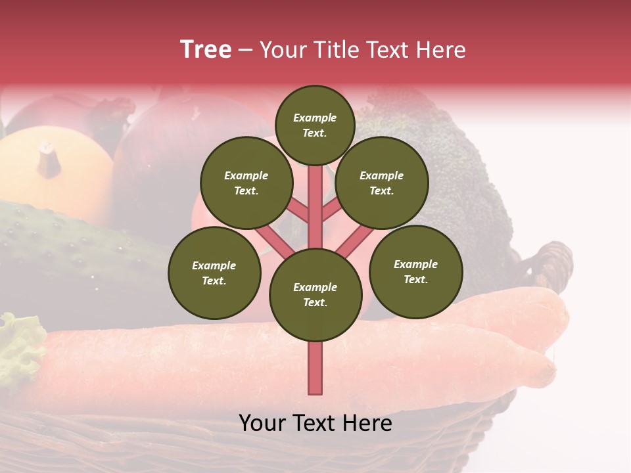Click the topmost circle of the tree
click(315, 125)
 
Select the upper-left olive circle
click(246, 183)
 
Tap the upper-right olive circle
click(382, 183)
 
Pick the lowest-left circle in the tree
click(214, 273)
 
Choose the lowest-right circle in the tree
click(416, 271)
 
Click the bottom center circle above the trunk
click(315, 294)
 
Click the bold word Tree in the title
click(206, 49)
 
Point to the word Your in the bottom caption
click(261, 422)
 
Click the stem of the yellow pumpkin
click(49, 160)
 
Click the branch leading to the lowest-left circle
click(273, 240)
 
